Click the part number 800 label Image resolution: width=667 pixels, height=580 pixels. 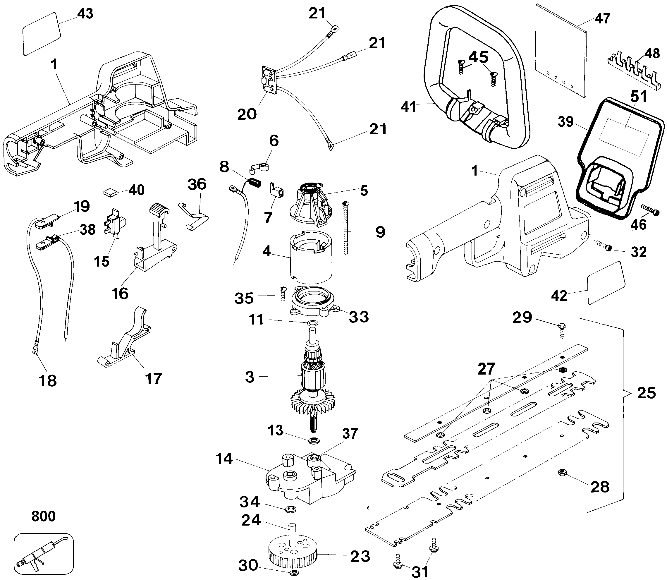pyautogui.click(x=43, y=516)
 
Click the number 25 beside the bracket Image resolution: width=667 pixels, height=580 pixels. pyautogui.click(x=646, y=393)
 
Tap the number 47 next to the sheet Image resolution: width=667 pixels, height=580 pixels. pyautogui.click(x=602, y=18)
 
